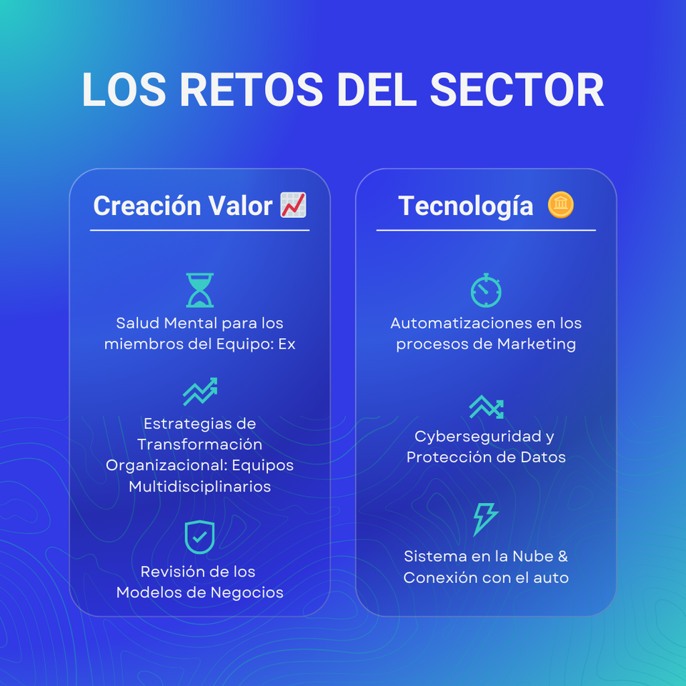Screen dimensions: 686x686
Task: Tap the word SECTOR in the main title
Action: (x=517, y=89)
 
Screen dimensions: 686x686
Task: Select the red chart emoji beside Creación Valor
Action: (x=293, y=205)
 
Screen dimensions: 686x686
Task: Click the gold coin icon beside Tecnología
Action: (x=560, y=205)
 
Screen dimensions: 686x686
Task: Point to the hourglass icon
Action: (x=200, y=290)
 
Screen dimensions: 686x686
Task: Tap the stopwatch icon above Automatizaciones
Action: (x=486, y=291)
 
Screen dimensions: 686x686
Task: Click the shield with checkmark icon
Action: (x=199, y=537)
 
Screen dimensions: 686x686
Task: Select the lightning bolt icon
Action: (x=486, y=520)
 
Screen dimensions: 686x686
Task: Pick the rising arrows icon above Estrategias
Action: (x=200, y=391)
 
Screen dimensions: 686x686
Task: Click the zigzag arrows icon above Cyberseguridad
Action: (x=487, y=407)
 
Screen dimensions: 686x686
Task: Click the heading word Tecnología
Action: (x=465, y=206)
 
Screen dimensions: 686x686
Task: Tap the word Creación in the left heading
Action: (x=147, y=205)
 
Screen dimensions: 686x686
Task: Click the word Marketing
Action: (x=537, y=344)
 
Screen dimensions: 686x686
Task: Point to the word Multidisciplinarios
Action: (x=200, y=486)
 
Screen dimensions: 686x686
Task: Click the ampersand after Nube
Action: (x=562, y=556)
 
